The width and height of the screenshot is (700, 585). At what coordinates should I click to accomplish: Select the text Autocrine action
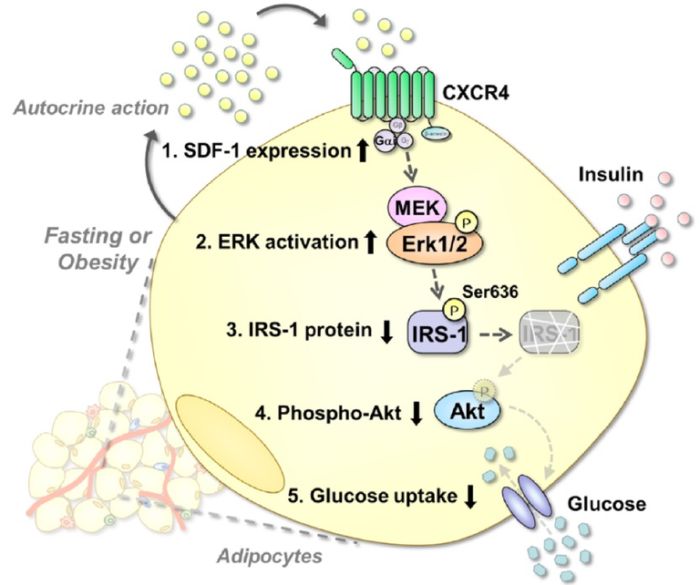92,108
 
